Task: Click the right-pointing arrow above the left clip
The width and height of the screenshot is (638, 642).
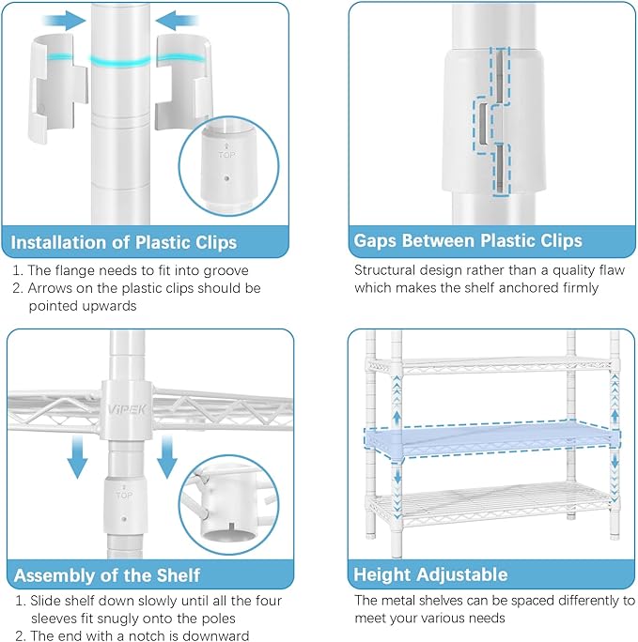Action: (x=65, y=21)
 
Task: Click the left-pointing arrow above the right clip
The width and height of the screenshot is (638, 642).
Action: (x=177, y=21)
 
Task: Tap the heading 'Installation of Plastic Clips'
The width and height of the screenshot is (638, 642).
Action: (x=124, y=242)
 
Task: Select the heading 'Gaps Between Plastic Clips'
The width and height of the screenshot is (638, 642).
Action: (x=468, y=240)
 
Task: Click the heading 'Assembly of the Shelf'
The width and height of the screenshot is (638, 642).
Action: (x=107, y=575)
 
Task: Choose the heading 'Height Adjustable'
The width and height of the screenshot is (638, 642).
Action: (x=430, y=574)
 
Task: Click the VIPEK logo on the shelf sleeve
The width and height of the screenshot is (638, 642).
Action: (x=127, y=409)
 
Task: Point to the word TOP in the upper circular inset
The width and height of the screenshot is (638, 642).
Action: (x=226, y=155)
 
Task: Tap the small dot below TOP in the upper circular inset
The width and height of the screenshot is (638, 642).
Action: (x=227, y=178)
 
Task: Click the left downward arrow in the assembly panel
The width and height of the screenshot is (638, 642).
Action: (x=77, y=456)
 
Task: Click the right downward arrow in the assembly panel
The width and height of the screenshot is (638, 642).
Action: (x=166, y=456)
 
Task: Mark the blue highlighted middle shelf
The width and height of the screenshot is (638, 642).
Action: (x=492, y=439)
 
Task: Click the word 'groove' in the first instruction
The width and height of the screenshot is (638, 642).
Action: (x=226, y=271)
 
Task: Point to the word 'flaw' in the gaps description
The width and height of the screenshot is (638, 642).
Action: (x=612, y=270)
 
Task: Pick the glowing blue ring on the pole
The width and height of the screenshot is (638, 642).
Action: (x=120, y=61)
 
